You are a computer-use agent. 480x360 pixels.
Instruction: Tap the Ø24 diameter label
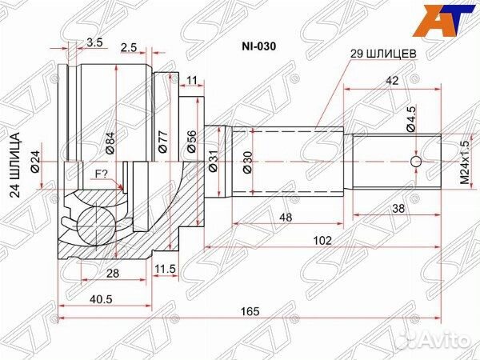pos(36,164)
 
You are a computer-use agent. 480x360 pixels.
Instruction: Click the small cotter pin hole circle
pos(415,163)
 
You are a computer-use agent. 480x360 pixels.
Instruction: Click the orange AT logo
pos(448,20)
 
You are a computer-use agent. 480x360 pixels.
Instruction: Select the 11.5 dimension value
pos(166,269)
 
